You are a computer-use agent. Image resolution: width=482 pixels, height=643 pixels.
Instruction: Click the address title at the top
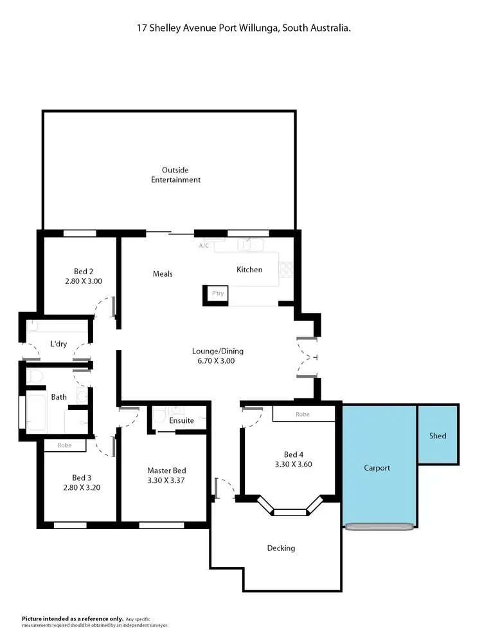[x=243, y=28]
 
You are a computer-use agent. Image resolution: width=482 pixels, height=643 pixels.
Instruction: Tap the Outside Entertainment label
[x=175, y=175]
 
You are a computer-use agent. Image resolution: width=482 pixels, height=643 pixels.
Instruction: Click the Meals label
[x=163, y=274]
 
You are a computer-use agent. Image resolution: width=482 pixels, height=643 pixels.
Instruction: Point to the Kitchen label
[x=249, y=270]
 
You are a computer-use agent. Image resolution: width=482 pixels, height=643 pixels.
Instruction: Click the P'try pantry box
[x=217, y=294]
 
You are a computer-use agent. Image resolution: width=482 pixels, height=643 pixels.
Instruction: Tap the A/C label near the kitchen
[x=204, y=246]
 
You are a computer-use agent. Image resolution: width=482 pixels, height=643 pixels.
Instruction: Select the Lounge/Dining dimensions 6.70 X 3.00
[x=218, y=361]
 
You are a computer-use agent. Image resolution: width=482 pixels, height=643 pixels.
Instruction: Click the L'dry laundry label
[x=58, y=344]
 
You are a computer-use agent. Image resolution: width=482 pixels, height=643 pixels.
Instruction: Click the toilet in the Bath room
[x=35, y=376]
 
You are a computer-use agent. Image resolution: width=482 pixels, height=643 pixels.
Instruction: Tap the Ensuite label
[x=181, y=420]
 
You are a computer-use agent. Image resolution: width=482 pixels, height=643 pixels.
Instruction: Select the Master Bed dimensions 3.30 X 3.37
[x=166, y=480]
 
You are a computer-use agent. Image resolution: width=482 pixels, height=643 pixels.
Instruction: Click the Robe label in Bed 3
[x=64, y=445]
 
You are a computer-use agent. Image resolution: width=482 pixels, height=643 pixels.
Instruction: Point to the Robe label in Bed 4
[x=303, y=415]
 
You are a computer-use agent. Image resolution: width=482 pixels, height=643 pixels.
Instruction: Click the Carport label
[x=377, y=468]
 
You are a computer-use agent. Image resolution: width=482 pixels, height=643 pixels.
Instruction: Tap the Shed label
[x=438, y=436]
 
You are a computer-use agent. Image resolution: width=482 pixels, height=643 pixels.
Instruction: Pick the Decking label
[x=281, y=548]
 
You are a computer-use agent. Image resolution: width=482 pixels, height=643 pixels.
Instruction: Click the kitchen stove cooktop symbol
[x=286, y=268]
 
